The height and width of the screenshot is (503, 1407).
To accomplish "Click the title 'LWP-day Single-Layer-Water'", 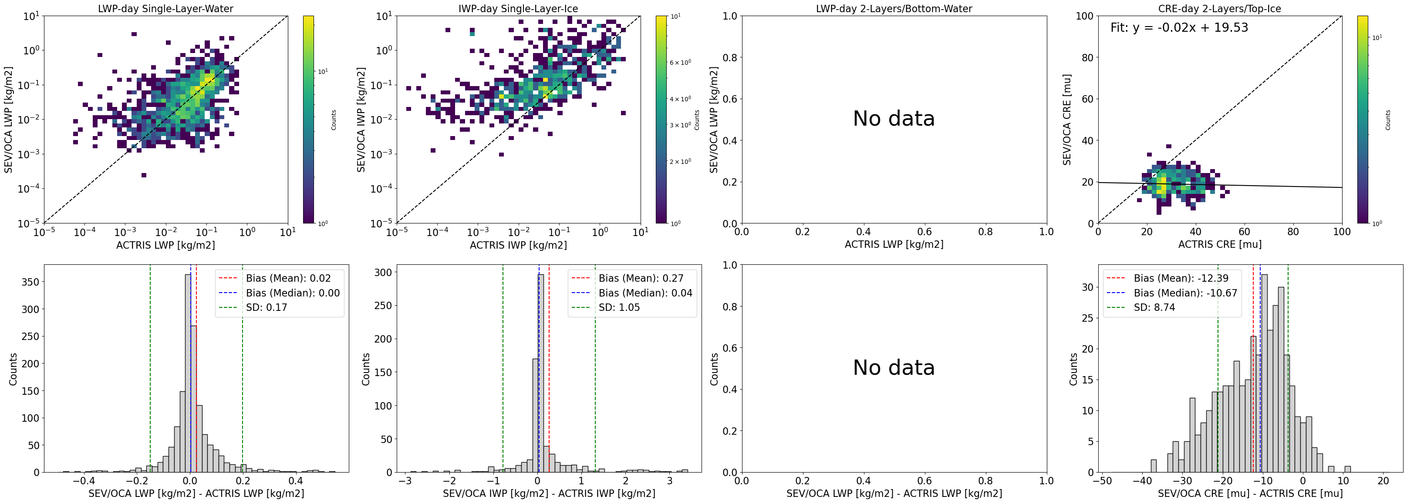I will pos(165,9).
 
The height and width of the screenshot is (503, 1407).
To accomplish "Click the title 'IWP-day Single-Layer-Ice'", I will pos(518,9).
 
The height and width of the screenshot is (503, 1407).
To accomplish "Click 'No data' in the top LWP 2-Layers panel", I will pos(894,118).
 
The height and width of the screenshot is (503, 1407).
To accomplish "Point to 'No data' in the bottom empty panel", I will pos(894,367).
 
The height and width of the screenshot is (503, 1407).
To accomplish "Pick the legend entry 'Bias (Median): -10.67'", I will pos(1185,293).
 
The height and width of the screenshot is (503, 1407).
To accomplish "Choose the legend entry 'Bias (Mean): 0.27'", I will pos(641,278).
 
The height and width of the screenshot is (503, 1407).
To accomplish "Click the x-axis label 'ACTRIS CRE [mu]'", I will pos(1220,244).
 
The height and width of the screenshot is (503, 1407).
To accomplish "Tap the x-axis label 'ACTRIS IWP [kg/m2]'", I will pos(518,245).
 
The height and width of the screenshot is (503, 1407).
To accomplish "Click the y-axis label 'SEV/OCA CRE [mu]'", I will pos(1067,120).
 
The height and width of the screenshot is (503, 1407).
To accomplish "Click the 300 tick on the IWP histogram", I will pos(385,272).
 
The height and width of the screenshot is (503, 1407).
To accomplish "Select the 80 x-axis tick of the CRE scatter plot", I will pos(1293,232).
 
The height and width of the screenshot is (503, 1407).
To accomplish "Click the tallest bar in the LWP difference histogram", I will pos(188,373).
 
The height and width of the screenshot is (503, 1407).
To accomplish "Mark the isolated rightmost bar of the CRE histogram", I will pos(1347,469).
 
